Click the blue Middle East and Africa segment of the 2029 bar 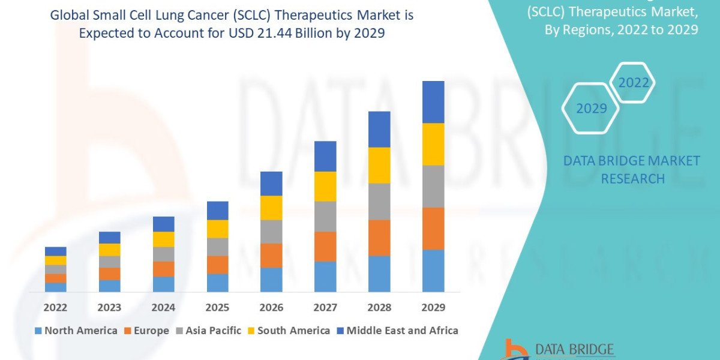point(433,102)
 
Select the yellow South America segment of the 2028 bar point(379,165)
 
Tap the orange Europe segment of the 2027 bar point(325,246)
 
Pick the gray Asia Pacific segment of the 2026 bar point(271,231)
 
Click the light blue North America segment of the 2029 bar point(433,271)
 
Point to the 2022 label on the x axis point(55,307)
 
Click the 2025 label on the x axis point(217,307)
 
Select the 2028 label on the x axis point(379,307)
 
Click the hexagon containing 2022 point(633,83)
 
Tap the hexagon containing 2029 point(590,109)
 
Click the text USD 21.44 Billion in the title point(289,34)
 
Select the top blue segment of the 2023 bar point(109,238)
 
